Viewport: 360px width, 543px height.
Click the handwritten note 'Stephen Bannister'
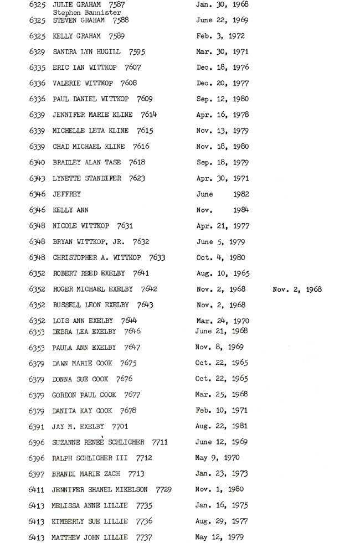click(87, 12)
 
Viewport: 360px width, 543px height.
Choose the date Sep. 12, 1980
click(223, 99)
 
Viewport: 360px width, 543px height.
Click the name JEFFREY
click(66, 194)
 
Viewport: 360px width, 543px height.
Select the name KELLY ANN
click(70, 210)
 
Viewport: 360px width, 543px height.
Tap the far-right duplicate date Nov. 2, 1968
click(297, 289)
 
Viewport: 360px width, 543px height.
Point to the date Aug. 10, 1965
click(223, 273)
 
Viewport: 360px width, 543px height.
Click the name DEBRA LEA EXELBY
click(84, 332)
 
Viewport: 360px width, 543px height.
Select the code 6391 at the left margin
click(37, 427)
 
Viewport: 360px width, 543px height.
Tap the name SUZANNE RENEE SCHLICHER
click(98, 443)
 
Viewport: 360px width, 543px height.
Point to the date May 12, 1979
click(219, 537)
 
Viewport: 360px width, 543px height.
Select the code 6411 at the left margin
click(37, 490)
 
